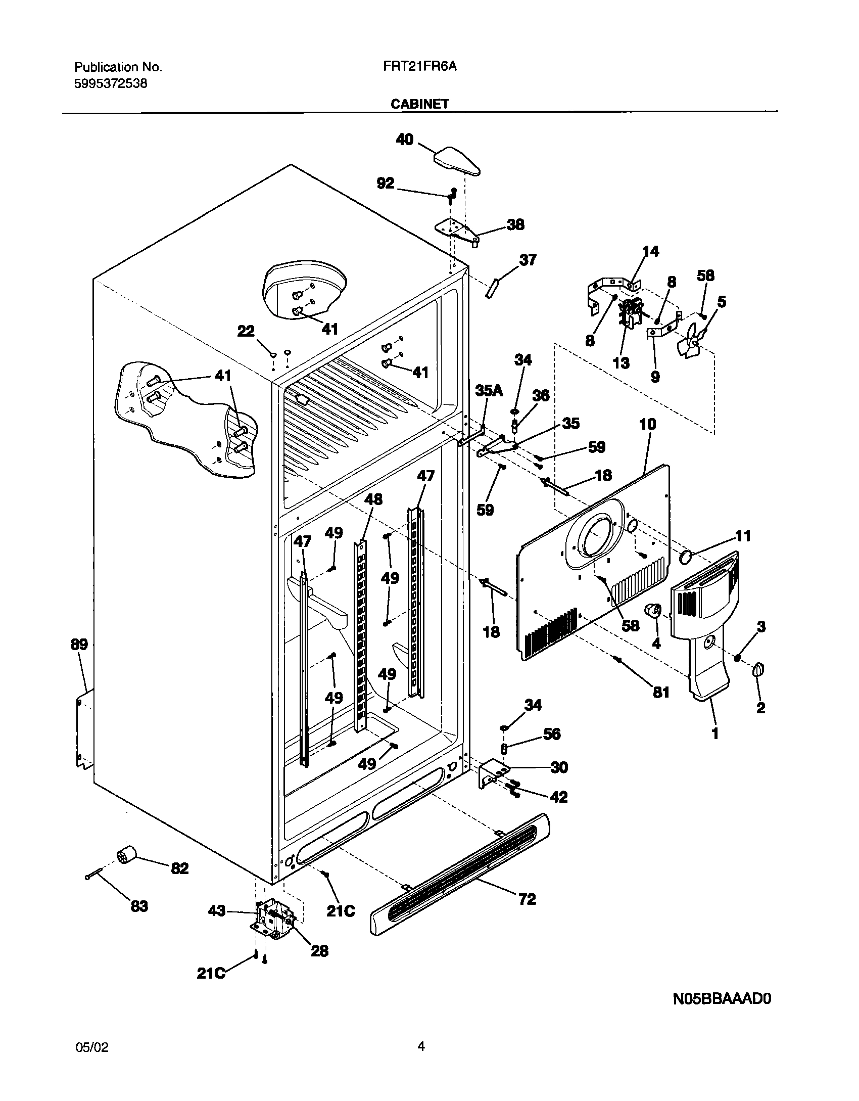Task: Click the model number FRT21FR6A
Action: (x=417, y=67)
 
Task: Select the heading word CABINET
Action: (x=419, y=104)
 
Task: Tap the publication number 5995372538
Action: (x=111, y=84)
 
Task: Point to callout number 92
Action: (x=386, y=183)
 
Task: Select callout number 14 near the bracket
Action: (x=651, y=251)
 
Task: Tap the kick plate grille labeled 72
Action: (x=460, y=878)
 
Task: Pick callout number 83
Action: (x=139, y=906)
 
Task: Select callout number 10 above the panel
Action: (x=648, y=424)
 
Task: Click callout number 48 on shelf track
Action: (x=373, y=499)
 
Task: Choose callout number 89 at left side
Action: (x=79, y=645)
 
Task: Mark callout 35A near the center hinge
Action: (x=489, y=390)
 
